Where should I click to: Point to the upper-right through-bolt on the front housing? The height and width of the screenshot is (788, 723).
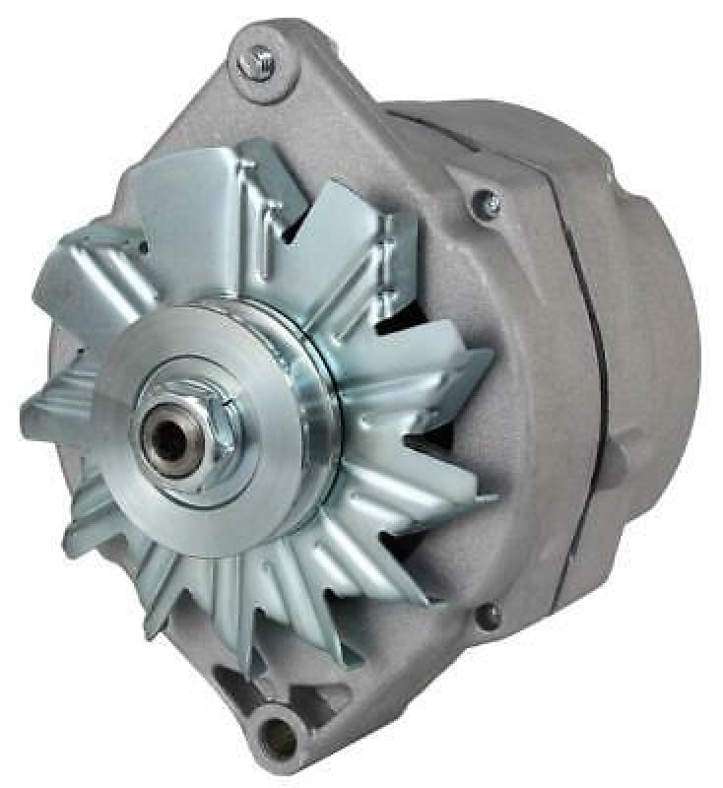click(x=487, y=204)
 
